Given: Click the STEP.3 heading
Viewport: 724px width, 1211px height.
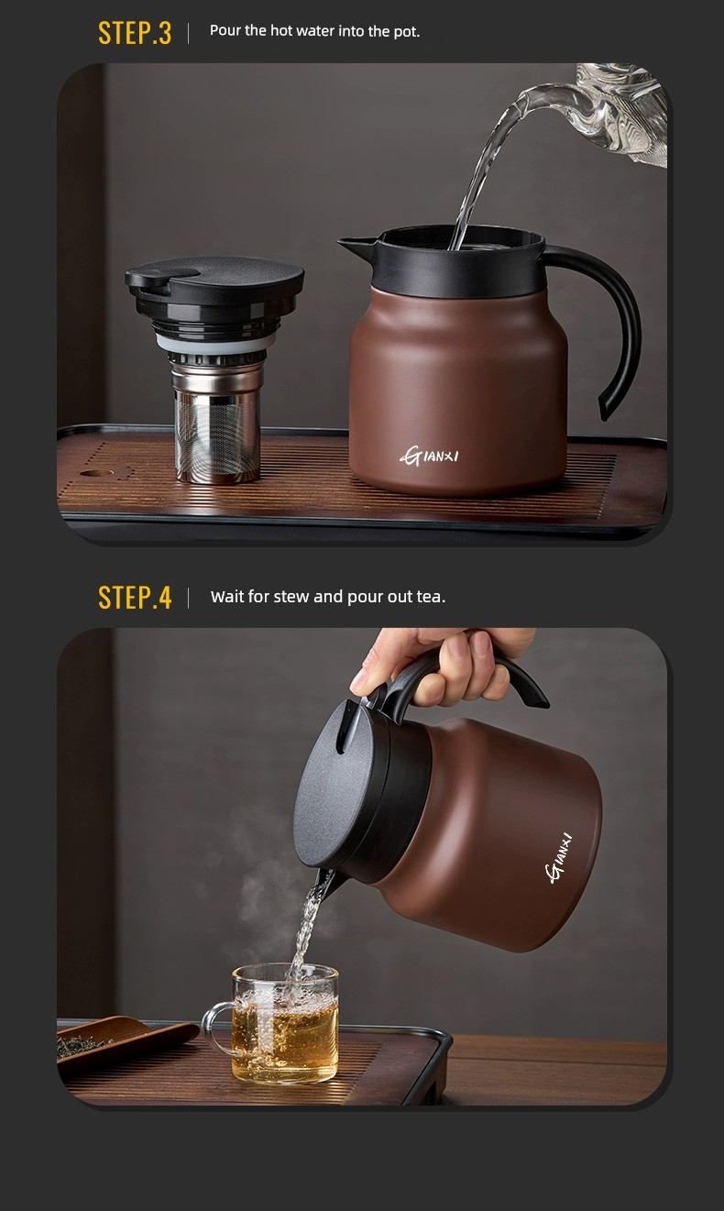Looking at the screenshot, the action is coord(135,33).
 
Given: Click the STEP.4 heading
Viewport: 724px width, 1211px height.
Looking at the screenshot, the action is coord(135,598).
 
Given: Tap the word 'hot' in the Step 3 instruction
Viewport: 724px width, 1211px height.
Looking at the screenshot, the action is coord(281,31).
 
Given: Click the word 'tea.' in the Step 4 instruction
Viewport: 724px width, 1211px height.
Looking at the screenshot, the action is coord(431,597).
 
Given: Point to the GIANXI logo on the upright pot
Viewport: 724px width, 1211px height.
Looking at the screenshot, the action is coord(429,456).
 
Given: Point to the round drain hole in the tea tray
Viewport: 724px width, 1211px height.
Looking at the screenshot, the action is coord(97,474).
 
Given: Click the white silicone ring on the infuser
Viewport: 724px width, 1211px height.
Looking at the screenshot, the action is coord(215,343).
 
